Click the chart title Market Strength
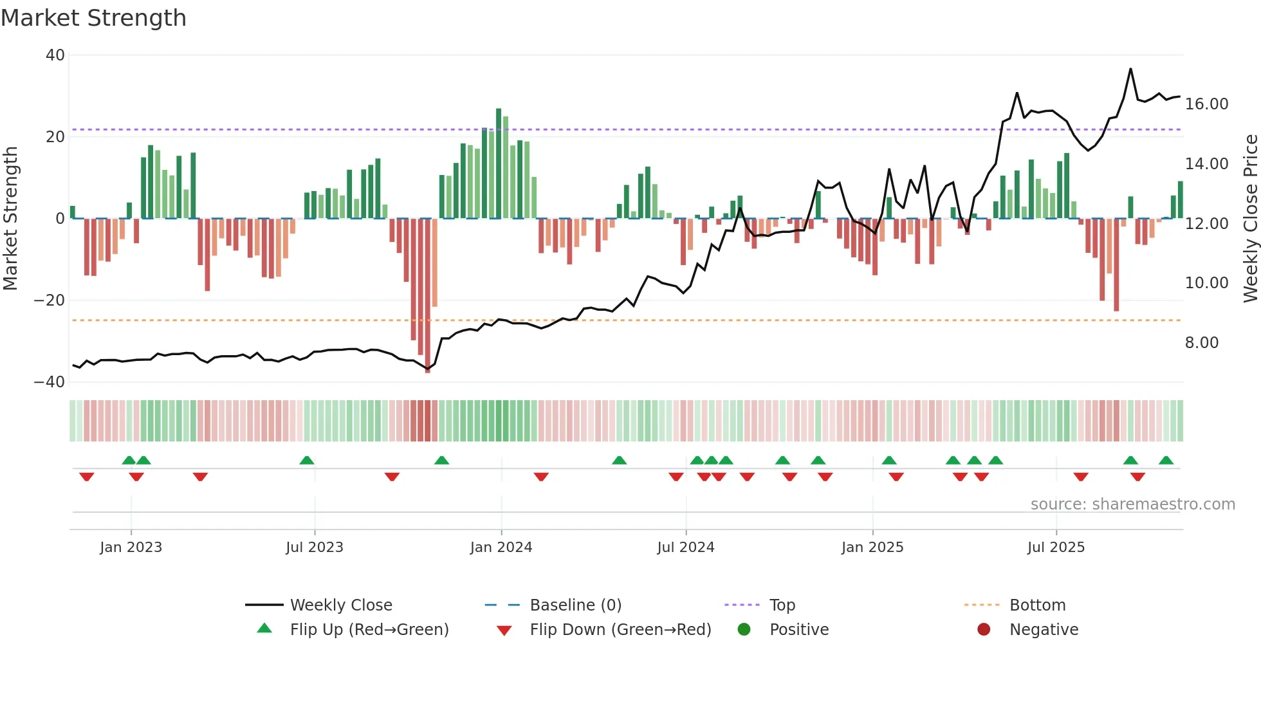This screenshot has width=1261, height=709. point(93,18)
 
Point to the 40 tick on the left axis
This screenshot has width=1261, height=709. point(55,55)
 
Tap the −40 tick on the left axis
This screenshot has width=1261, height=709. point(50,382)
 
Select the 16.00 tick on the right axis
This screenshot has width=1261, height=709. point(1206,104)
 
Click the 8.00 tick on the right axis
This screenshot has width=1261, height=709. point(1201,343)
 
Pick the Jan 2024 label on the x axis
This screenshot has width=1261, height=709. point(501,548)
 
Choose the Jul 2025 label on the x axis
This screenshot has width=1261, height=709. point(1056,548)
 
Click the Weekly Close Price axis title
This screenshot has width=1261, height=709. point(1250,218)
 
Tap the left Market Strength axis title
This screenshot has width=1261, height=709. point(10,218)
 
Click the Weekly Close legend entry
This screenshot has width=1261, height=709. point(340,605)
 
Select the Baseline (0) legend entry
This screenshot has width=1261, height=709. point(575,605)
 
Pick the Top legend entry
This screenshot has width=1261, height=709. point(782,605)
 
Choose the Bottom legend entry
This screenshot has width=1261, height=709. point(1037,605)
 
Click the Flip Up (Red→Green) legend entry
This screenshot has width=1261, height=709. point(369,630)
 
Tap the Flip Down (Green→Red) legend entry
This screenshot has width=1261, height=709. point(620,630)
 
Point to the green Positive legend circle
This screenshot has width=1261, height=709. point(744,630)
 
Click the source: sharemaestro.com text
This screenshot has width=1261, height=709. point(1132,504)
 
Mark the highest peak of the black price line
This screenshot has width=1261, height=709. point(1130,69)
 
